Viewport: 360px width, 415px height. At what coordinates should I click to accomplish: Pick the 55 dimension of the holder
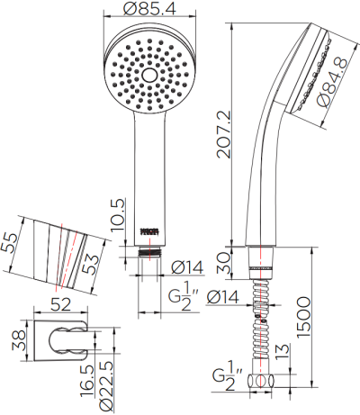pos(10,244)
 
